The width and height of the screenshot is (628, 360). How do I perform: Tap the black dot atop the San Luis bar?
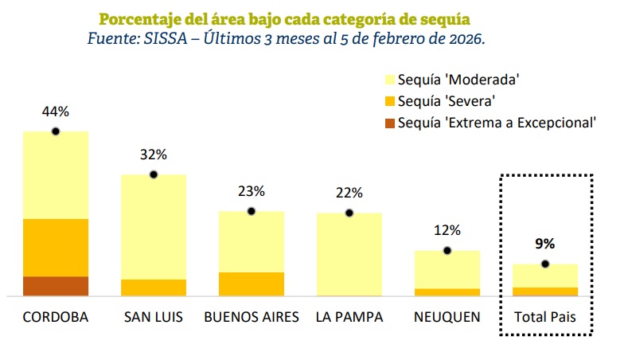[x=153, y=174]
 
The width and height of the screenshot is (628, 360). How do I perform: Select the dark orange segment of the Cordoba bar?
[x=56, y=286]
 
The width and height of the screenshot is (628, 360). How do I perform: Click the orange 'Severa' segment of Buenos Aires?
[x=251, y=284]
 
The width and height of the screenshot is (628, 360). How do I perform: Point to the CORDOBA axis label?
[x=56, y=317]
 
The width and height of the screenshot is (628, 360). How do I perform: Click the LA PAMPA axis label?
[x=349, y=317]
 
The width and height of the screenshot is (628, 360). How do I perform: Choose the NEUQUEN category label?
[x=447, y=317]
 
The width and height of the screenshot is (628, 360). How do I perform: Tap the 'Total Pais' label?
[x=545, y=317]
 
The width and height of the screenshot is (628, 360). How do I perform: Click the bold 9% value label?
[x=545, y=244]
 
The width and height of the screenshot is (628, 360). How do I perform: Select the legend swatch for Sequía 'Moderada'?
[x=389, y=80]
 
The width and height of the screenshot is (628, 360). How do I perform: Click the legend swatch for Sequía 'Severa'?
[x=389, y=101]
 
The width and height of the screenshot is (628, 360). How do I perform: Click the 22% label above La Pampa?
[x=349, y=193]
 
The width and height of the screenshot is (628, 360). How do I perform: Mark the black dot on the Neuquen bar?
[x=447, y=251]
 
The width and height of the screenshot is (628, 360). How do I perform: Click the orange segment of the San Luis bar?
[x=153, y=288]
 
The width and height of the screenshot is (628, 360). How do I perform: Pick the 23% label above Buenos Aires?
[x=251, y=191]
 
